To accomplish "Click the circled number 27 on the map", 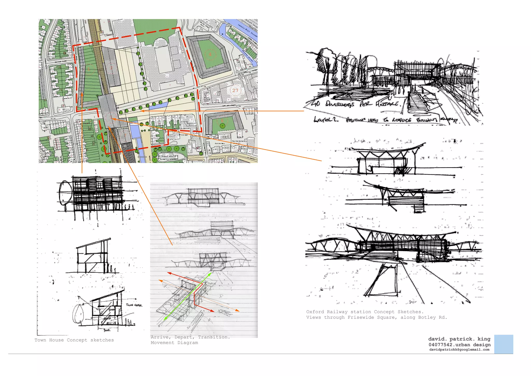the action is [x=235, y=90].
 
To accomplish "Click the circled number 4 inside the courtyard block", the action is [x=210, y=54].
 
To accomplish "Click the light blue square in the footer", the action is [x=504, y=344].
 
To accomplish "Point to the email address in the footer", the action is [x=459, y=350].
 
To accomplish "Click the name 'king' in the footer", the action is [x=484, y=339].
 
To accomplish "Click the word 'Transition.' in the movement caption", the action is [x=214, y=337].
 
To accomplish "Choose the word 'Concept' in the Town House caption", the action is [x=77, y=340].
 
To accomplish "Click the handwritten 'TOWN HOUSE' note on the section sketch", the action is [x=134, y=305].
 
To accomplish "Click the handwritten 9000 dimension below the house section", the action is [x=107, y=330].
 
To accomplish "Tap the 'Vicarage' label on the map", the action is [x=183, y=135].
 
